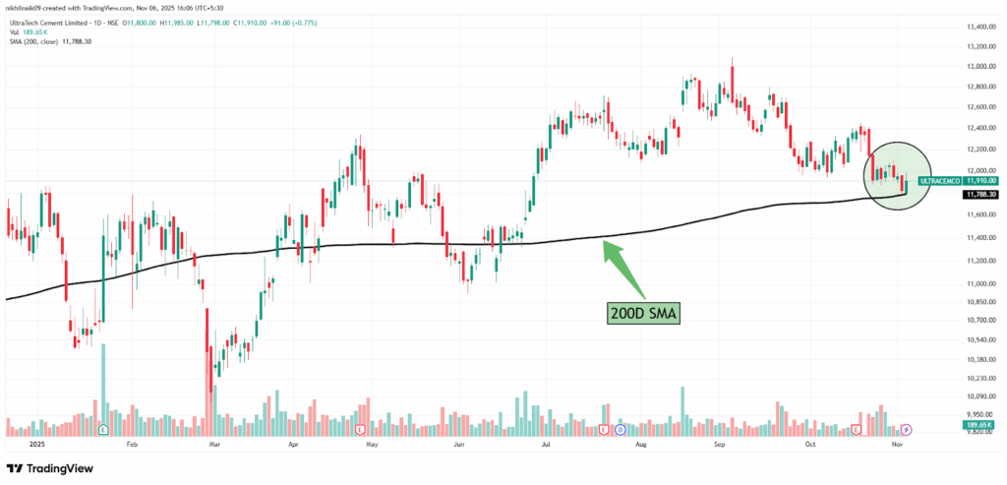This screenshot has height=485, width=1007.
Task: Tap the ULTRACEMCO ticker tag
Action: [x=939, y=181]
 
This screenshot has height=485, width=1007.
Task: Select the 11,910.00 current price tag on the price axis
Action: [x=981, y=181]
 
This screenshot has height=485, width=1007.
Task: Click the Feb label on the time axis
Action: [x=132, y=444]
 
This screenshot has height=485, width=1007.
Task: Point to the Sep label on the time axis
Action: [x=719, y=444]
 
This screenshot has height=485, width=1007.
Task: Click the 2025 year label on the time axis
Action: [x=37, y=444]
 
